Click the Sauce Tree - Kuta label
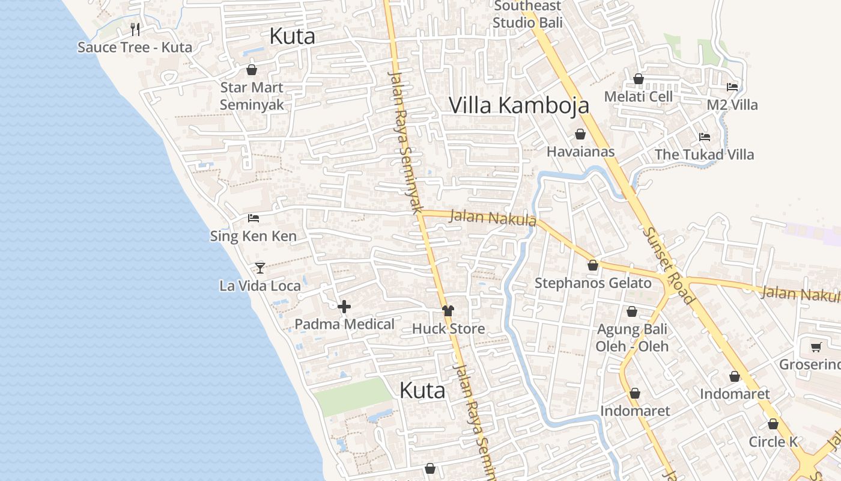point(135,47)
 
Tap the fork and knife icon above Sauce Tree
point(135,29)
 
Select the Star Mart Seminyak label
point(251,96)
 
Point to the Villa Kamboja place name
point(519,105)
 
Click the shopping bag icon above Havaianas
point(580,134)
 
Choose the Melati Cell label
point(638,97)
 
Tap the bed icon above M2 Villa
point(732,87)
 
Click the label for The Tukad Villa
point(704,155)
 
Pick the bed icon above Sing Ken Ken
point(254,218)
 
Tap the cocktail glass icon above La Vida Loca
point(260,268)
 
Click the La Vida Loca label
point(260,286)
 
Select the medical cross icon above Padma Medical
point(344,307)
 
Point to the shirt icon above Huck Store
point(448,311)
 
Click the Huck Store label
point(448,329)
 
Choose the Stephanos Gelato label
point(593,283)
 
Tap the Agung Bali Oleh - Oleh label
point(632,338)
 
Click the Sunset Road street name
point(668,265)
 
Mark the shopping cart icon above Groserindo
point(816,347)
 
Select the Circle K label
point(773,442)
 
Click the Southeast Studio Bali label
point(527,14)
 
